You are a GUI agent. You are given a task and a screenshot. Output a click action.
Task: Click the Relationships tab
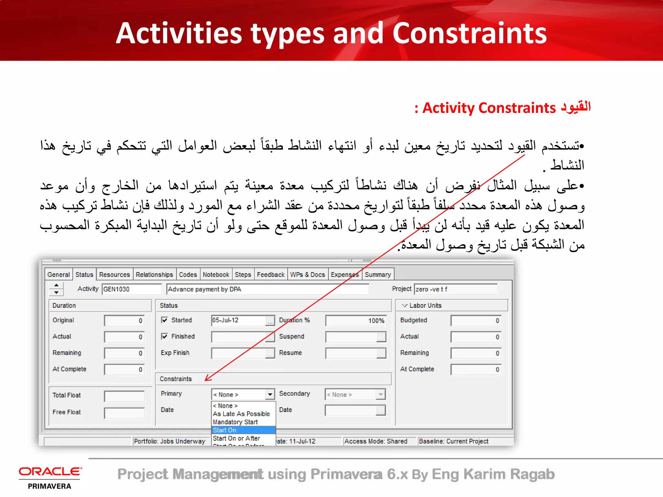click(154, 275)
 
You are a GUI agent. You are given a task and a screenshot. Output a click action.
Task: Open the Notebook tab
click(216, 275)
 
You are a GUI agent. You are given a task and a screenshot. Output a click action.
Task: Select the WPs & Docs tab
click(307, 275)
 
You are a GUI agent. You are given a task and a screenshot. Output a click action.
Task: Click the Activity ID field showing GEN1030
click(131, 289)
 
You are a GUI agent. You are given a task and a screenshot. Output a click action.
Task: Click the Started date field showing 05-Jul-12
click(238, 320)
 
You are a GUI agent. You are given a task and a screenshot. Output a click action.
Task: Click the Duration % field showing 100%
click(355, 321)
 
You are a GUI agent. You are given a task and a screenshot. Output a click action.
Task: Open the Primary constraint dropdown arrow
click(270, 394)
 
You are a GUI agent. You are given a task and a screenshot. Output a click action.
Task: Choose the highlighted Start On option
click(243, 430)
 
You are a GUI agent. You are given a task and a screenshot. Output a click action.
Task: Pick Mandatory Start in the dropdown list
click(235, 422)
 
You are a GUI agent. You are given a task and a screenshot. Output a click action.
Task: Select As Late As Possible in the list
click(241, 414)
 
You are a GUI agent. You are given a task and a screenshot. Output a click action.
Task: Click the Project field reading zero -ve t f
click(455, 289)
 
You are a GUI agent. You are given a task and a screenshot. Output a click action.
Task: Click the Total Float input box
click(124, 396)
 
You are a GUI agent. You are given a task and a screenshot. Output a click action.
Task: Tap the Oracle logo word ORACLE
click(50, 472)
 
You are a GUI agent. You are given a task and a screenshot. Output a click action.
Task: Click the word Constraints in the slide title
click(469, 33)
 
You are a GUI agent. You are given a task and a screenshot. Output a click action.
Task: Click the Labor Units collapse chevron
click(404, 305)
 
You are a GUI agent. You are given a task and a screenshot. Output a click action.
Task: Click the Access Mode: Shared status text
click(376, 441)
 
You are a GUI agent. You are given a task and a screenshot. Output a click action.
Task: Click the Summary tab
click(378, 275)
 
